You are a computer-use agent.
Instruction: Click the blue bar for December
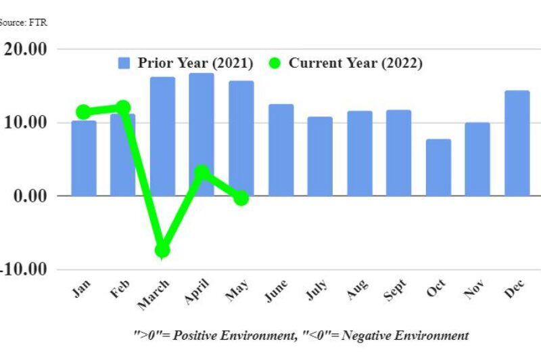click(x=517, y=143)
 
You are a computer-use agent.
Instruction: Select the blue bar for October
click(x=438, y=168)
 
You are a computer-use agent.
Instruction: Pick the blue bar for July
click(x=320, y=156)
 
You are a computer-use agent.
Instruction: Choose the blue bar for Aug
click(x=359, y=154)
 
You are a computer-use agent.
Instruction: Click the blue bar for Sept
click(x=398, y=153)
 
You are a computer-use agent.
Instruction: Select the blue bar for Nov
click(x=477, y=159)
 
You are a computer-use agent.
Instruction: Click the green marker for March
click(x=162, y=250)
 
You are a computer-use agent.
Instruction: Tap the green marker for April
click(x=202, y=173)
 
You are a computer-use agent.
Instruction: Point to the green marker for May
click(x=241, y=198)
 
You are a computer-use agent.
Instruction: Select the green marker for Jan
click(x=83, y=112)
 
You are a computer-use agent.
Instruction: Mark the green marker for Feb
click(x=122, y=108)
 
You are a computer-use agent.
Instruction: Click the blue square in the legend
click(x=124, y=63)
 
